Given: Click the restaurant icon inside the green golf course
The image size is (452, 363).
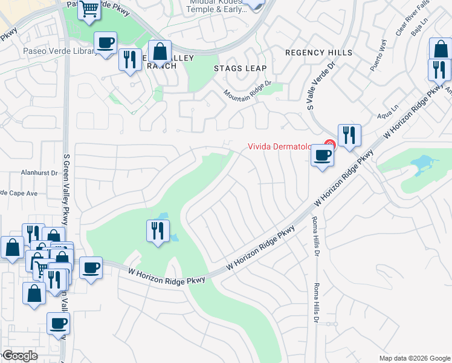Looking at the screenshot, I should (158, 231).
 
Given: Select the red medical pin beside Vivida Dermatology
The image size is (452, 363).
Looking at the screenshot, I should (329, 145).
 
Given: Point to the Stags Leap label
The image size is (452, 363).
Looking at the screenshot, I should (241, 68).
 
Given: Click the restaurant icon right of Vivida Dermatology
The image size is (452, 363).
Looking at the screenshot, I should (349, 136).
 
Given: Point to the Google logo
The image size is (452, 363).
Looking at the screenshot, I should (19, 356).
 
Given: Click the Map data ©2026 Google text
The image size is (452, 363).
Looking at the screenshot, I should (415, 358).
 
